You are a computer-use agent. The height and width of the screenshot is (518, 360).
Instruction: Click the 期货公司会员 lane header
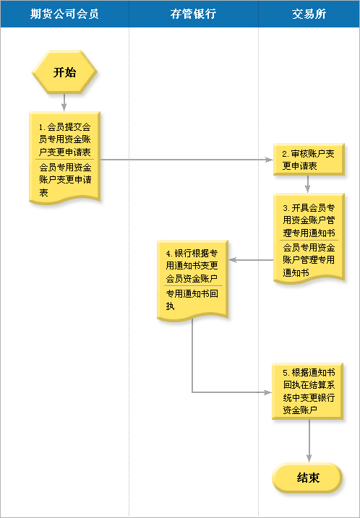click(x=64, y=14)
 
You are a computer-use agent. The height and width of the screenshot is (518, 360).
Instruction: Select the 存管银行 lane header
click(x=194, y=14)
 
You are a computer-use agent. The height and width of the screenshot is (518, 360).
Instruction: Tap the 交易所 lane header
click(x=309, y=14)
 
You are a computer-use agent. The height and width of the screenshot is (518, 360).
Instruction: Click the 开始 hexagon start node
click(x=64, y=72)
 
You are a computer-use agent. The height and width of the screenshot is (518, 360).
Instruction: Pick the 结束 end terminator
click(x=307, y=478)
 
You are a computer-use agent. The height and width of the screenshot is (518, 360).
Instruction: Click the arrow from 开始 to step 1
click(x=64, y=103)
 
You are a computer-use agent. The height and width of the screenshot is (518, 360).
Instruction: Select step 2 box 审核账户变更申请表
click(x=309, y=159)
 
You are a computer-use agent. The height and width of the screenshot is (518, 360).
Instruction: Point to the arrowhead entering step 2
click(x=270, y=160)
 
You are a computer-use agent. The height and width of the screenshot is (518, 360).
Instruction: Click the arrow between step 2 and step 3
click(x=308, y=184)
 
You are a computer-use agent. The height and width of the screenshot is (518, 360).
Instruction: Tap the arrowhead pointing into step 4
click(x=232, y=260)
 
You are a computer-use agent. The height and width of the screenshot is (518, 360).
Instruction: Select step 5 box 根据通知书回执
click(x=307, y=391)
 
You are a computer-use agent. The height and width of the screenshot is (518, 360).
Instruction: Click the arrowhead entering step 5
click(x=267, y=392)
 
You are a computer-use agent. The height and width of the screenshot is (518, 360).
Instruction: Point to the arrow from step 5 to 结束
click(x=309, y=441)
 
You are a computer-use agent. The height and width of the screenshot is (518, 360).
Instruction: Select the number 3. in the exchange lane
click(x=286, y=208)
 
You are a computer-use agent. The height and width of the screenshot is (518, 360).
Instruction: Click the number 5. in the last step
click(x=286, y=373)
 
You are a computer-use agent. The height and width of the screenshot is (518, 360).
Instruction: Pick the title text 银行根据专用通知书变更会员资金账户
click(x=192, y=266)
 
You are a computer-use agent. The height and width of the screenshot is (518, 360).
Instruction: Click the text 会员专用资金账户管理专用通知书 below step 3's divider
click(x=309, y=260)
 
